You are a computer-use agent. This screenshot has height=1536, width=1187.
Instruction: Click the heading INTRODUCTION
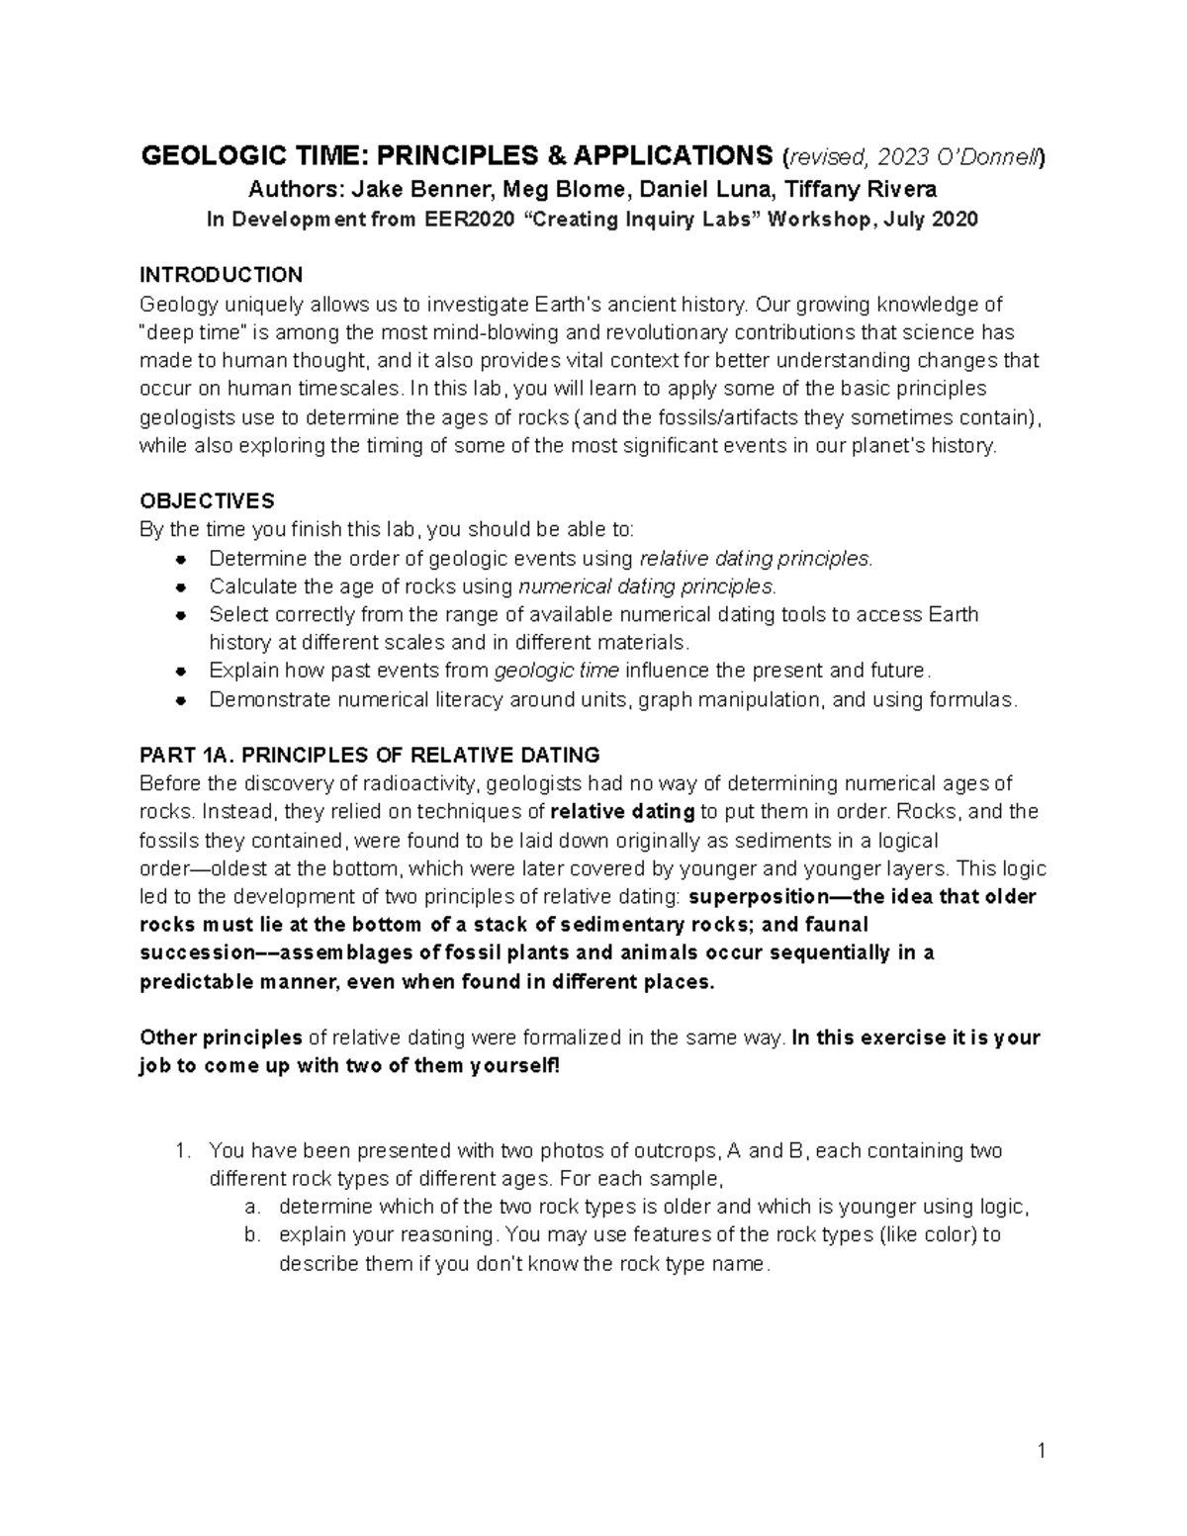pos(221,275)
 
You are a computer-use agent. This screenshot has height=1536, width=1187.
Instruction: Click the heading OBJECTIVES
pos(207,500)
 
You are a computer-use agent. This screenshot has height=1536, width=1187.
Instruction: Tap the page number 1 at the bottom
pos(1041,1451)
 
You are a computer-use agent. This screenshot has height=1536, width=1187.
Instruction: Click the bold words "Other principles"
pos(221,1039)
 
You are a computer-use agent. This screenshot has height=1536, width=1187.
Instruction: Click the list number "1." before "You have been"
pos(181,1151)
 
